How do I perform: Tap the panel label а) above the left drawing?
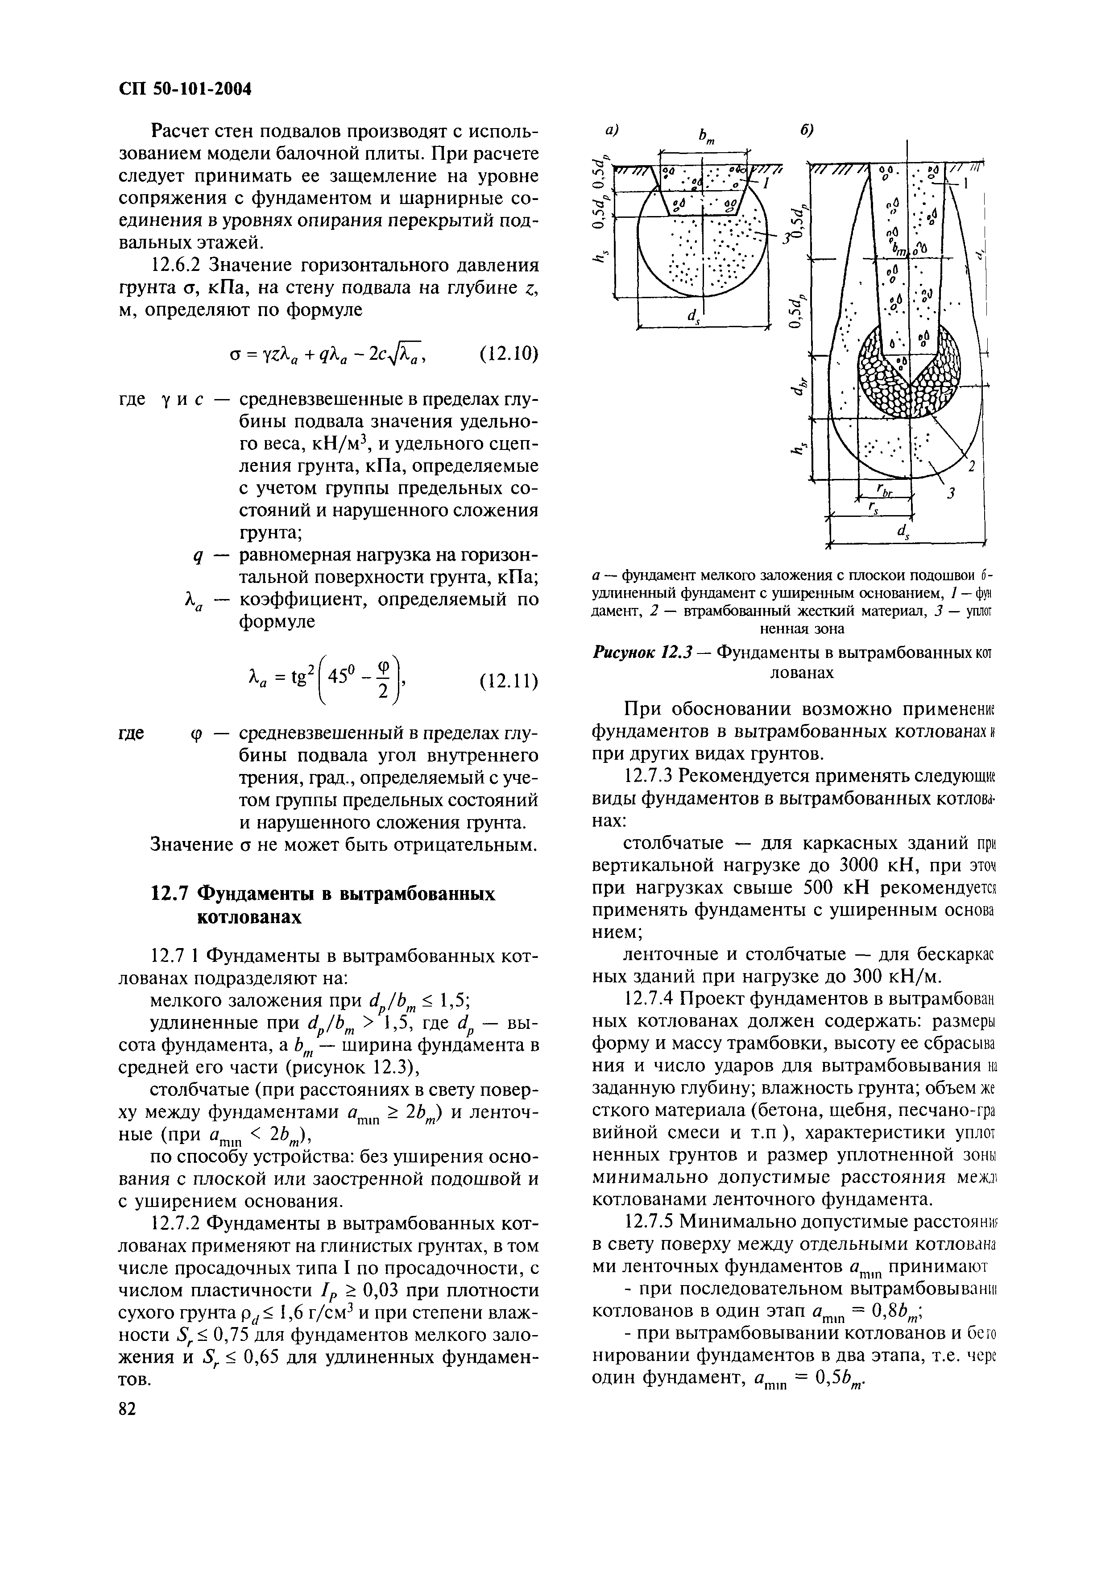coord(611,131)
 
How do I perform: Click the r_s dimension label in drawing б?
coord(874,508)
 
